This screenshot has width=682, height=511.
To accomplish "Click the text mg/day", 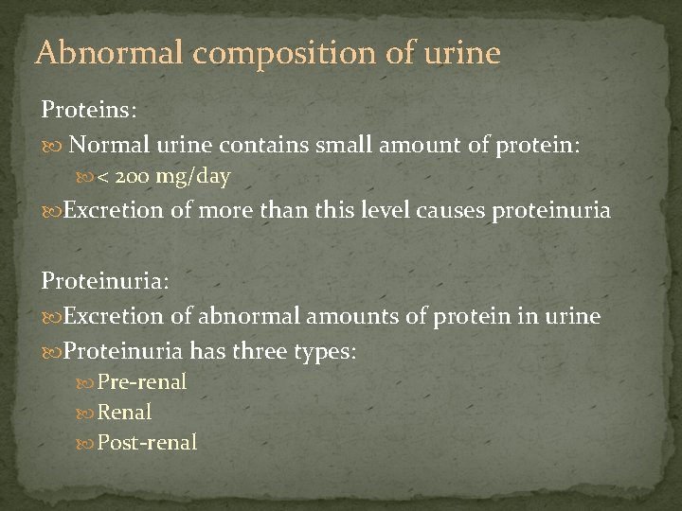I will tap(195, 177).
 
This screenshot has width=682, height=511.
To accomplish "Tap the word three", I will tap(257, 351).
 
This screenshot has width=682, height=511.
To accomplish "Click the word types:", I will tap(325, 352).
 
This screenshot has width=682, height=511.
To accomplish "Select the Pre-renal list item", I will tap(142, 382).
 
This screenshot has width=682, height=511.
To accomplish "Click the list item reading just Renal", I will tap(124, 413).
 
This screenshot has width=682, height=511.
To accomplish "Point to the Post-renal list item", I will tap(147, 442).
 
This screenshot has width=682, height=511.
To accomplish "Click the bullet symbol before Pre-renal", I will tap(88, 382).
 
